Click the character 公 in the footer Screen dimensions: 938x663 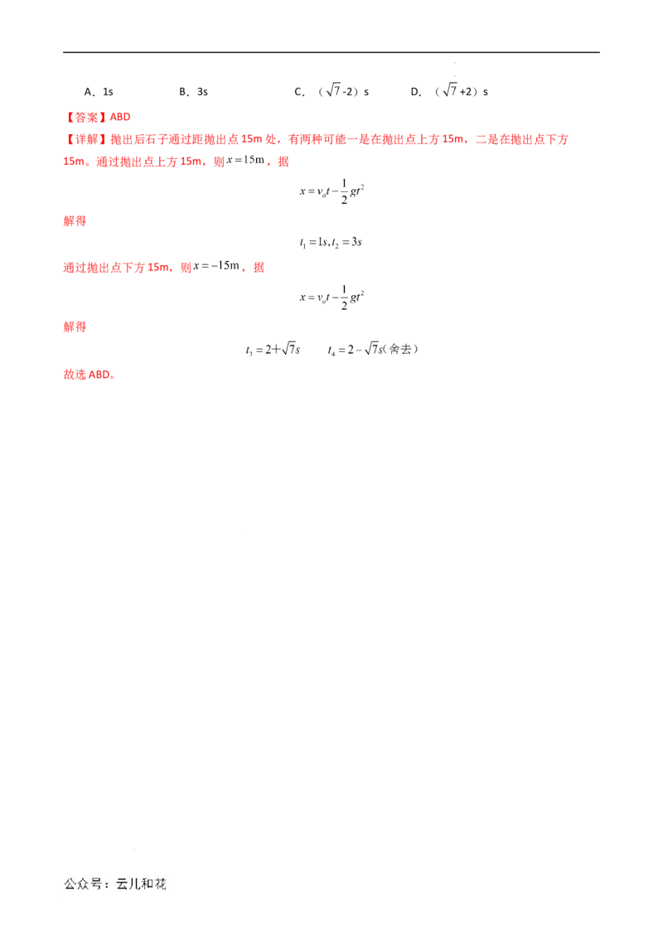tap(71, 884)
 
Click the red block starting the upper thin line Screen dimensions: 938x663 tap(74, 222)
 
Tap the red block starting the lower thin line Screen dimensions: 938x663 tap(74, 328)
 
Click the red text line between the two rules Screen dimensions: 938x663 tap(162, 268)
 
